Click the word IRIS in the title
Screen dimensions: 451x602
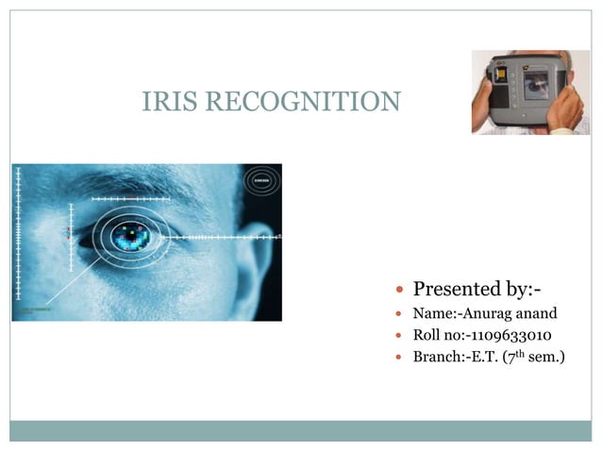click(165, 101)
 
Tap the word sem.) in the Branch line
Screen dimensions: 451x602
click(547, 358)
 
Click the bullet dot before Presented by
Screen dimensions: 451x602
click(402, 290)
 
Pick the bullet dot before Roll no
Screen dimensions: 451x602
click(402, 336)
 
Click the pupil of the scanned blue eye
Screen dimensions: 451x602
click(132, 235)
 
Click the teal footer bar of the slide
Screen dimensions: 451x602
click(301, 430)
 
